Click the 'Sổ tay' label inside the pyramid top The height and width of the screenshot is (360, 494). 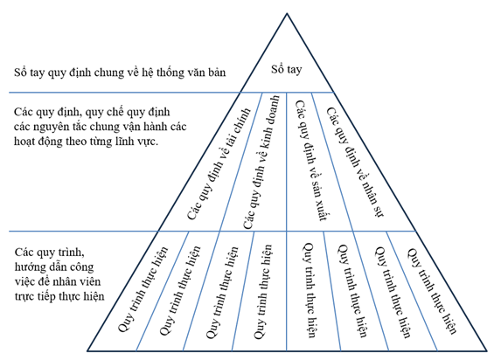coord(287,69)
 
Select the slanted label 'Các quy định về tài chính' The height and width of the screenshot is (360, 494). coord(219,164)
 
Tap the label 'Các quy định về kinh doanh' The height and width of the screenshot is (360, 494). coord(261,163)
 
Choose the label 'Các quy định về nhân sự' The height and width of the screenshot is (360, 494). coord(354,162)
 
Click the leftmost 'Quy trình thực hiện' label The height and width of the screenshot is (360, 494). coord(143,289)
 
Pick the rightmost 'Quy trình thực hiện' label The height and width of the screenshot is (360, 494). coord(432,291)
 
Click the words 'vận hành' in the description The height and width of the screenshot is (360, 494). coord(144,127)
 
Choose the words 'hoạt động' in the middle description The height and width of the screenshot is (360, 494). coord(38,142)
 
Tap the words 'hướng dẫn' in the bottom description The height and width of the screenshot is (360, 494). coord(39,267)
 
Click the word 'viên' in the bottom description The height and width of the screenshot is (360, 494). coord(90,281)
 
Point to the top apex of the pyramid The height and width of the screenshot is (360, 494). coord(287,13)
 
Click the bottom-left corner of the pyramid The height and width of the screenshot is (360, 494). coord(87,350)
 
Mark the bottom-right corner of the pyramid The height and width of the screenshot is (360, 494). coord(487,350)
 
